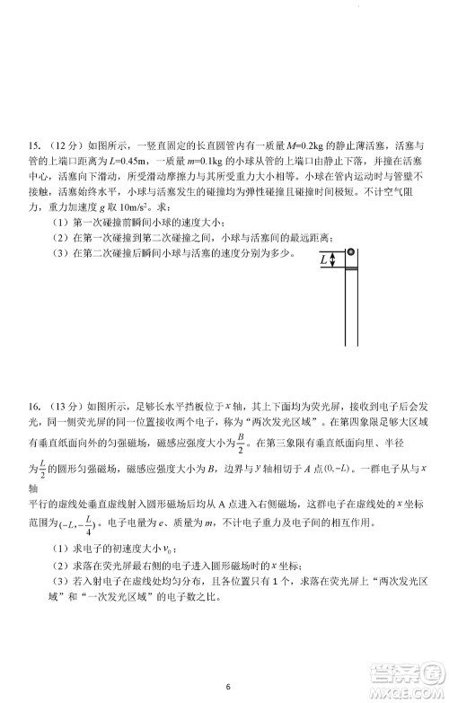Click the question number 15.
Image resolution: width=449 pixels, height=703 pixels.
36,143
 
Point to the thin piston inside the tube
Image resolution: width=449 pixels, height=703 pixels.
353,268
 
